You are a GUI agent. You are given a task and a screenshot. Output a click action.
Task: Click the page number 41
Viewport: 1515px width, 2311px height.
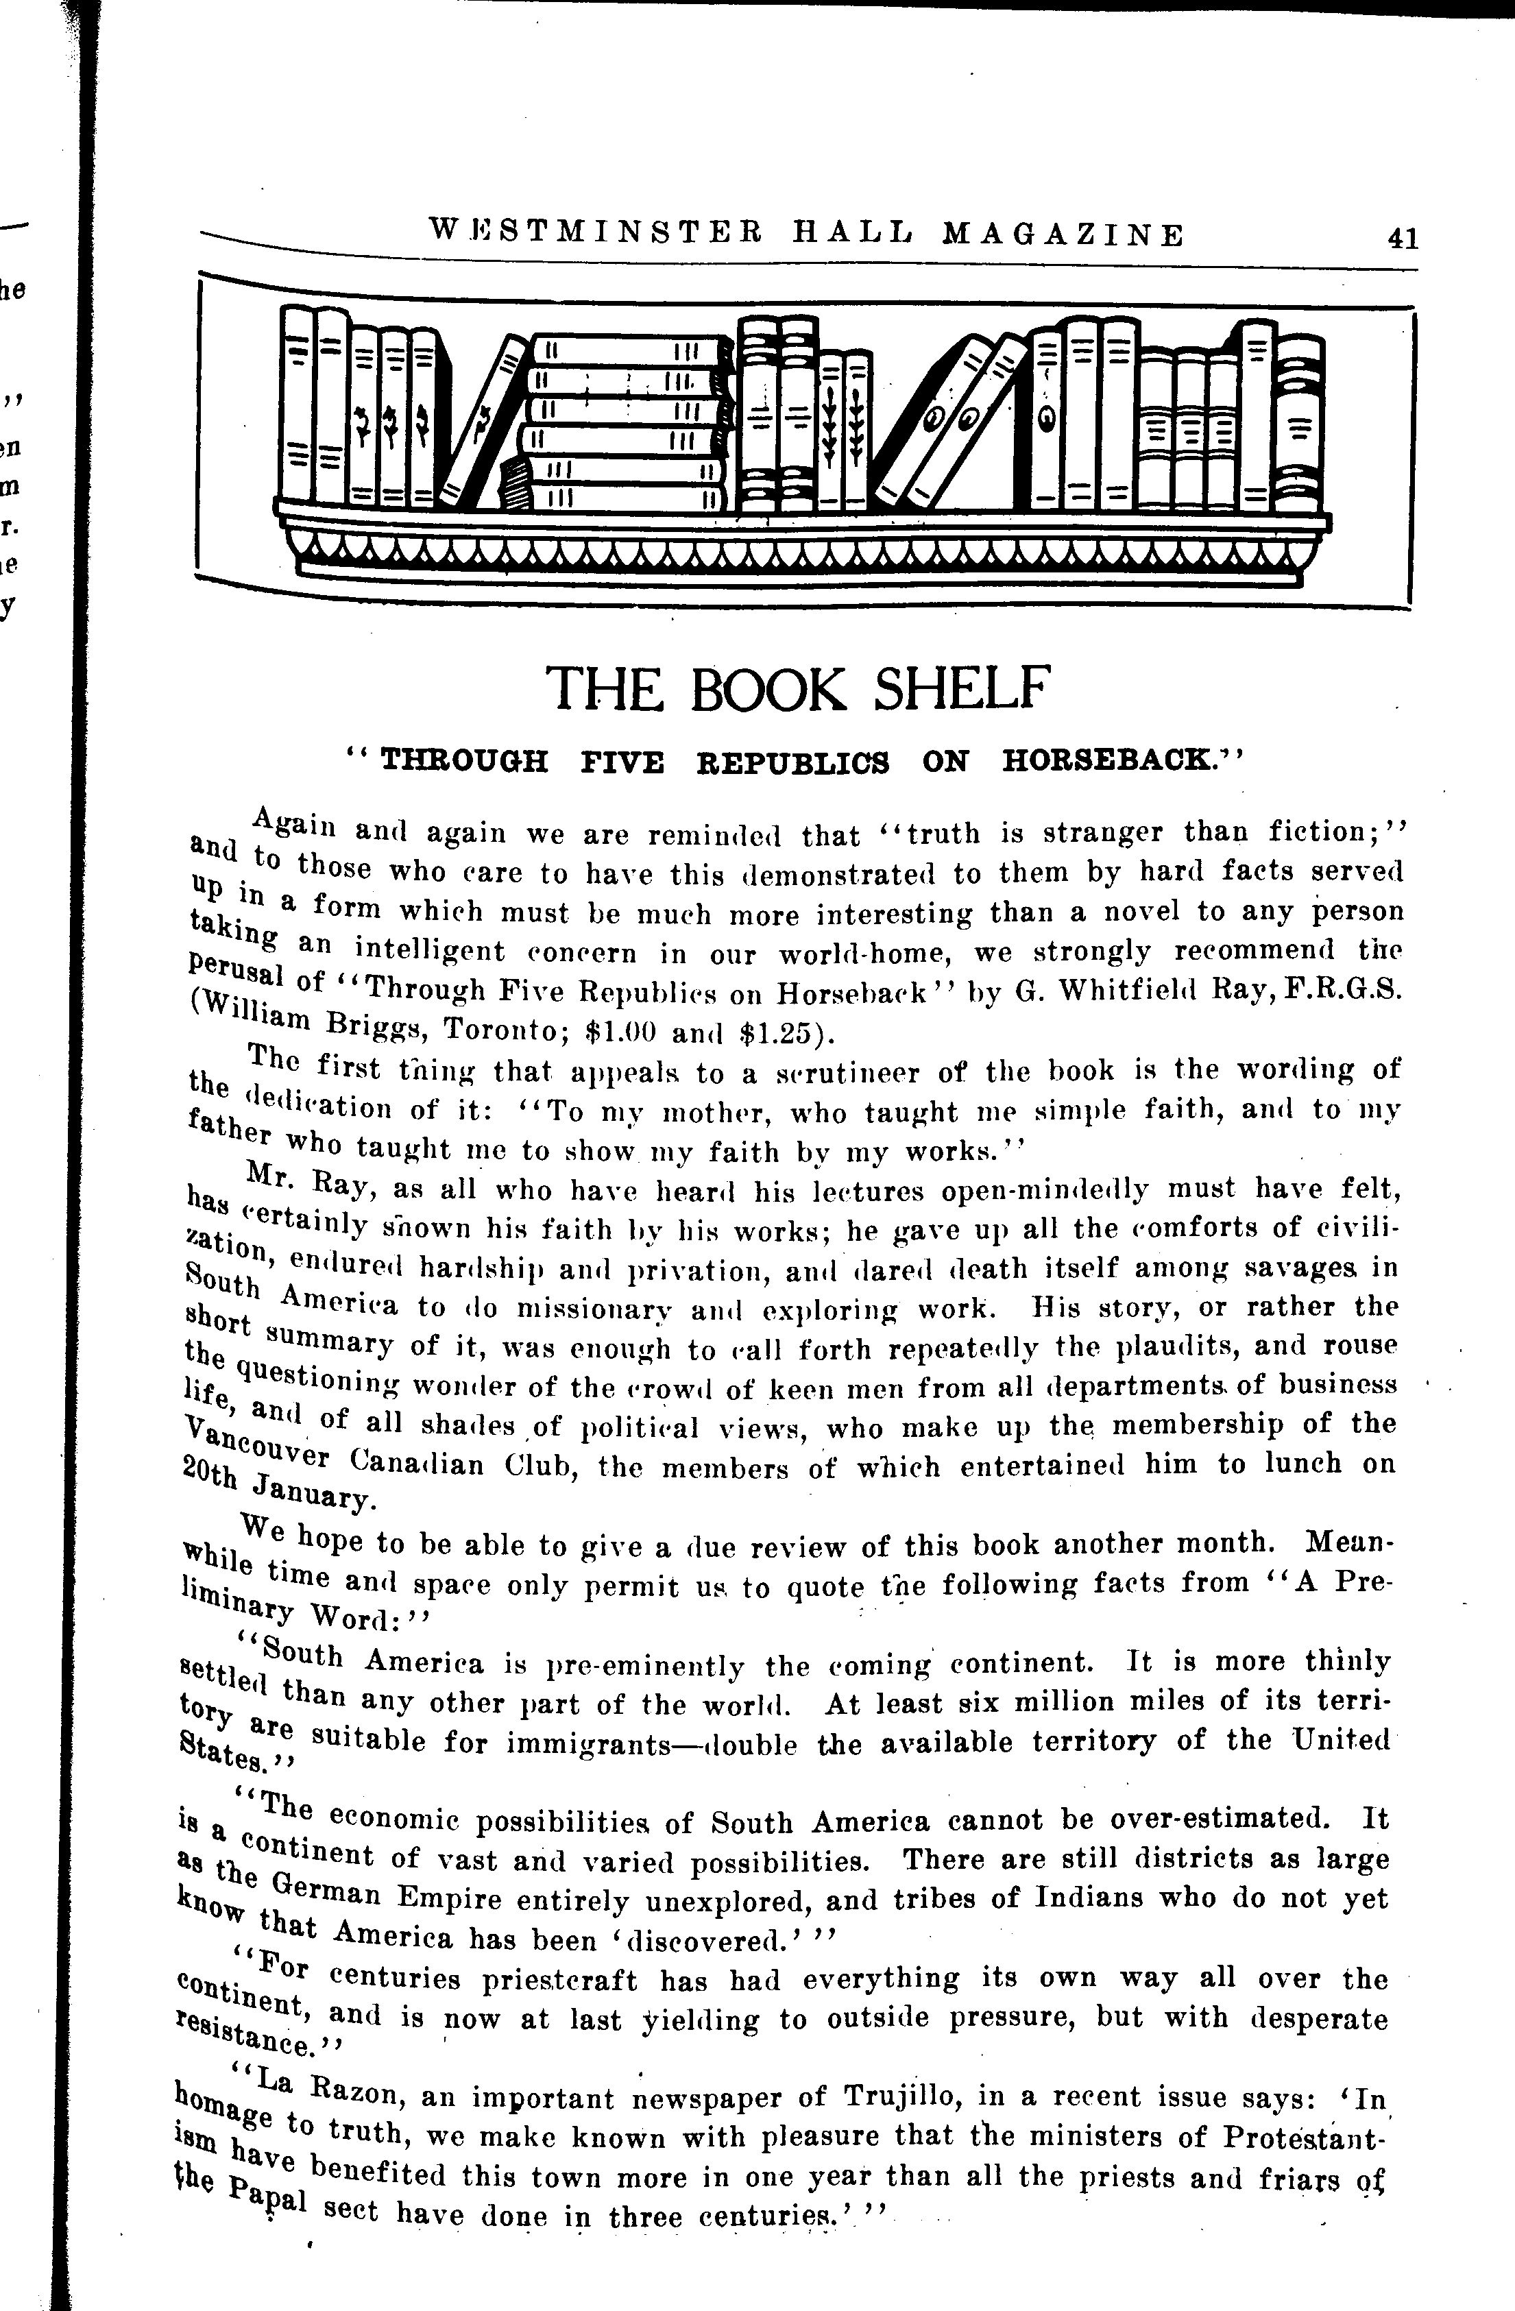coord(1403,239)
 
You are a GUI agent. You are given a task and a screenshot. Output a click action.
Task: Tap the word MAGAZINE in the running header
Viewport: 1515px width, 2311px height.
coord(1063,235)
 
